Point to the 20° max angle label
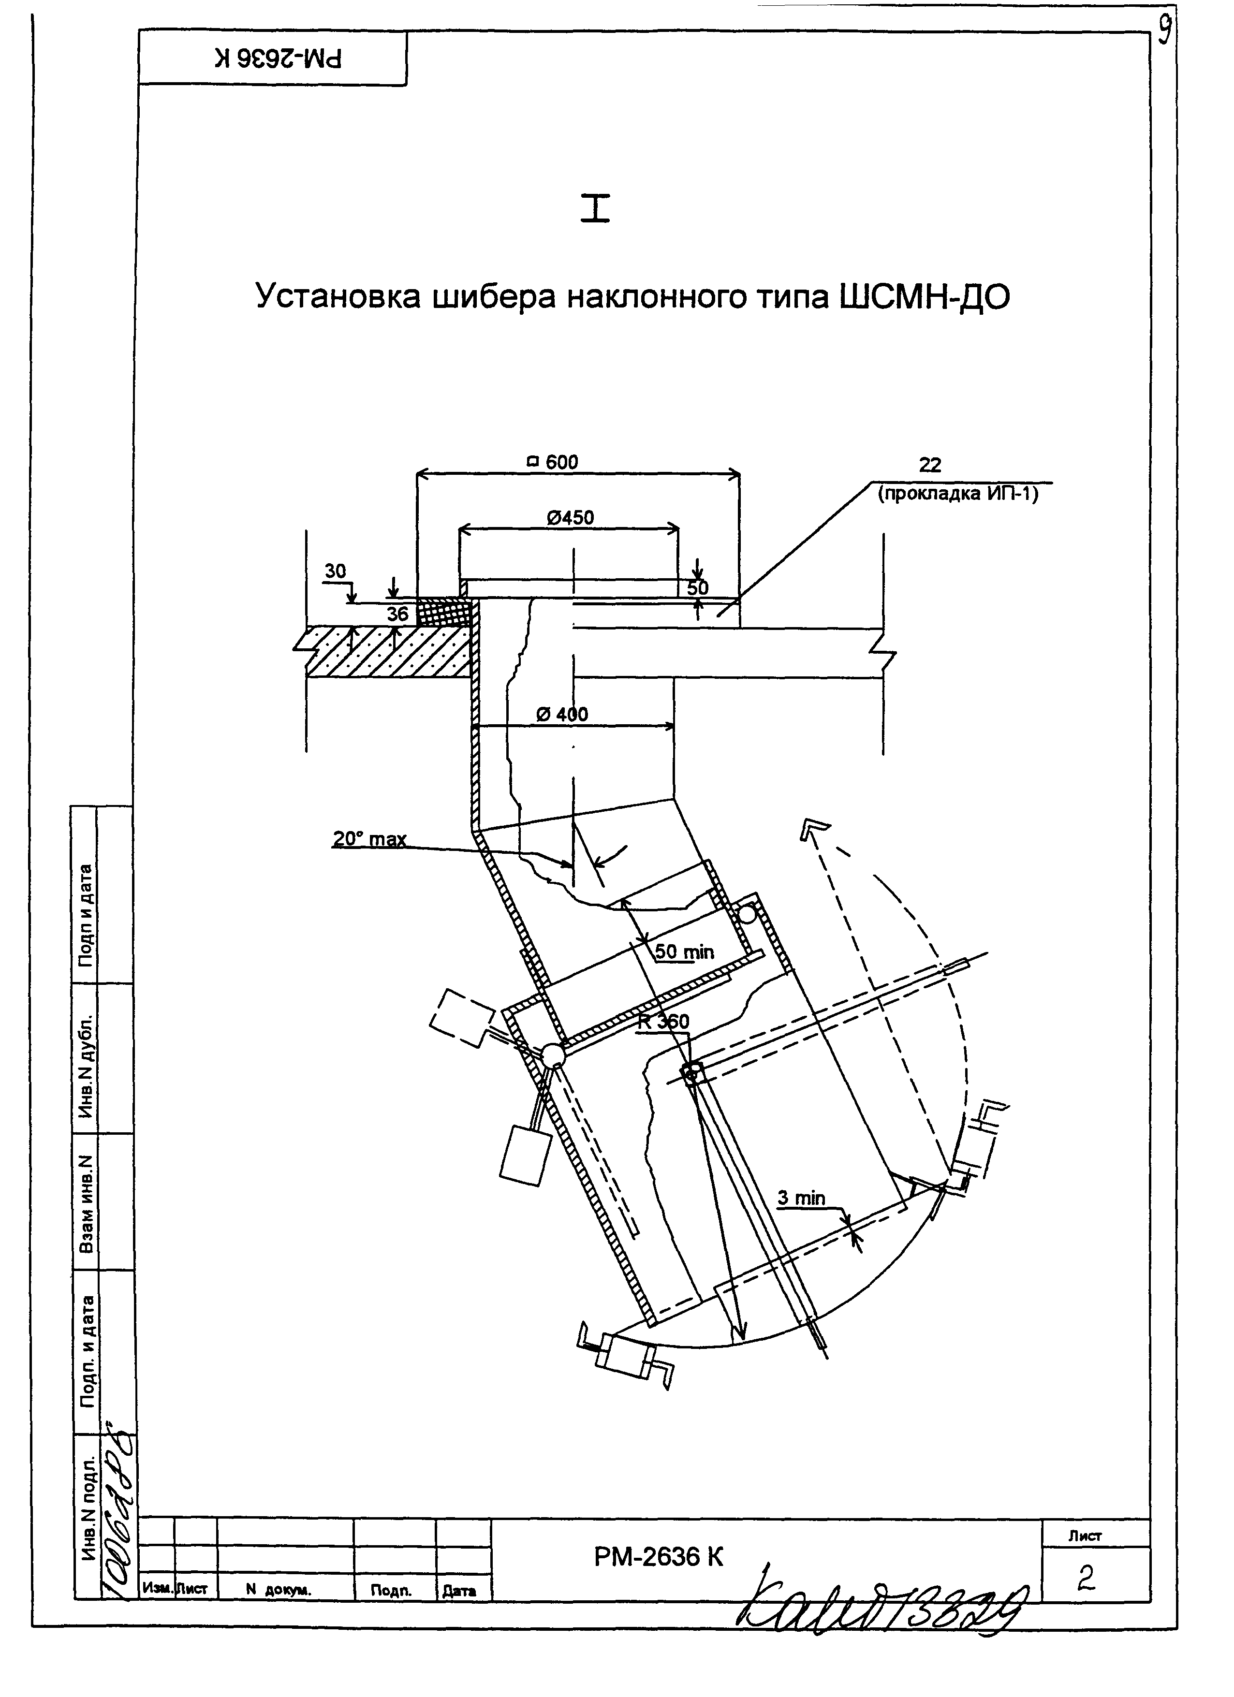coord(370,839)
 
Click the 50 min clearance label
coord(684,952)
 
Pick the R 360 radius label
coord(664,1021)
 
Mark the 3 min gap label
coord(801,1198)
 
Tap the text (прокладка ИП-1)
coord(958,494)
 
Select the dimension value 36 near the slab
coord(397,614)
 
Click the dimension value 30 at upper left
coord(335,571)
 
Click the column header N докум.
coord(279,1590)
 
